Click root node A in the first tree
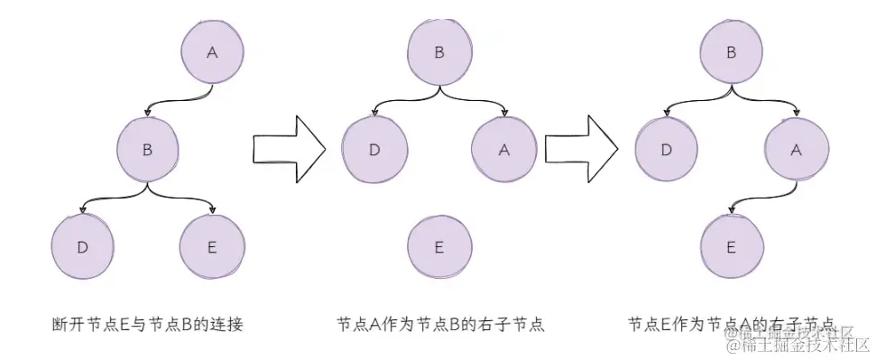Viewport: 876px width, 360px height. (x=212, y=52)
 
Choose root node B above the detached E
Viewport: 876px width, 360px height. (x=439, y=52)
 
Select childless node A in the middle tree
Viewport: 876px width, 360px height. (x=503, y=150)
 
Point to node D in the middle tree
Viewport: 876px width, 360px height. (x=374, y=150)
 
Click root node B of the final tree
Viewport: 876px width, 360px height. (x=731, y=52)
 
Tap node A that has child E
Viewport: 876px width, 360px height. (x=796, y=151)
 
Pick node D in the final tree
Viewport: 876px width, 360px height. (x=667, y=150)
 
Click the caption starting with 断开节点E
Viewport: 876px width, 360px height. (x=148, y=324)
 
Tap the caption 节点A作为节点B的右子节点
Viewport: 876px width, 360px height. (x=439, y=324)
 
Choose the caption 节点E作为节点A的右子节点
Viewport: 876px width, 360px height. (x=731, y=324)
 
